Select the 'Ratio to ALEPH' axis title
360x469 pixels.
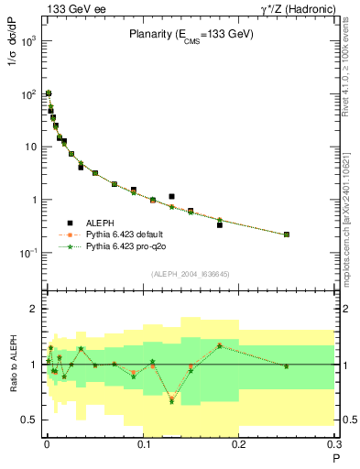pyautogui.click(x=14, y=365)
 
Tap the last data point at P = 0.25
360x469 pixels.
pyautogui.click(x=287, y=234)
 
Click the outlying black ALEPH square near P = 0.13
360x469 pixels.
pyautogui.click(x=171, y=196)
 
